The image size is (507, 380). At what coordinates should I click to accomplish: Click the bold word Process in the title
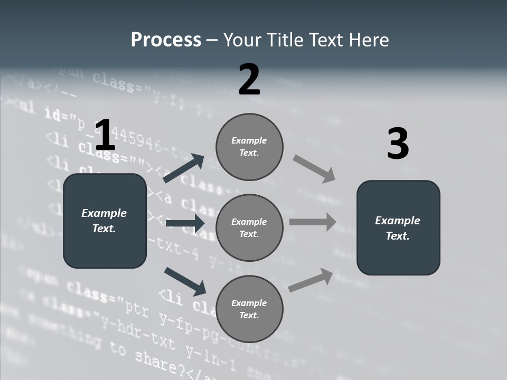(166, 40)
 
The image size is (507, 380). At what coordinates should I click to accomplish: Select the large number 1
(105, 135)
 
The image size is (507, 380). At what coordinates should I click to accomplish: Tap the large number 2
(249, 80)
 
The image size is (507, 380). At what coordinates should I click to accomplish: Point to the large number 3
(398, 144)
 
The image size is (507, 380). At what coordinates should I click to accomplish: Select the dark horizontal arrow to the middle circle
(185, 224)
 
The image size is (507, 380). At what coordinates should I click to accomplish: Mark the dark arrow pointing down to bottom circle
(185, 281)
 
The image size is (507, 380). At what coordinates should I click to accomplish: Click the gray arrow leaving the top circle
(314, 169)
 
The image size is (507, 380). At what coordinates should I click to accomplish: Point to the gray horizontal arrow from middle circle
(313, 222)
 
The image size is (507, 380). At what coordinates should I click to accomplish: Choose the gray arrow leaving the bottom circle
(311, 280)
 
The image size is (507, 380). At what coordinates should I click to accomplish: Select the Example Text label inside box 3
(398, 228)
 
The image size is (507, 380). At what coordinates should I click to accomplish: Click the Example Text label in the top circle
(249, 147)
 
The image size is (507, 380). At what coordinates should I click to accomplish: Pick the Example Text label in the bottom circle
(249, 309)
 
